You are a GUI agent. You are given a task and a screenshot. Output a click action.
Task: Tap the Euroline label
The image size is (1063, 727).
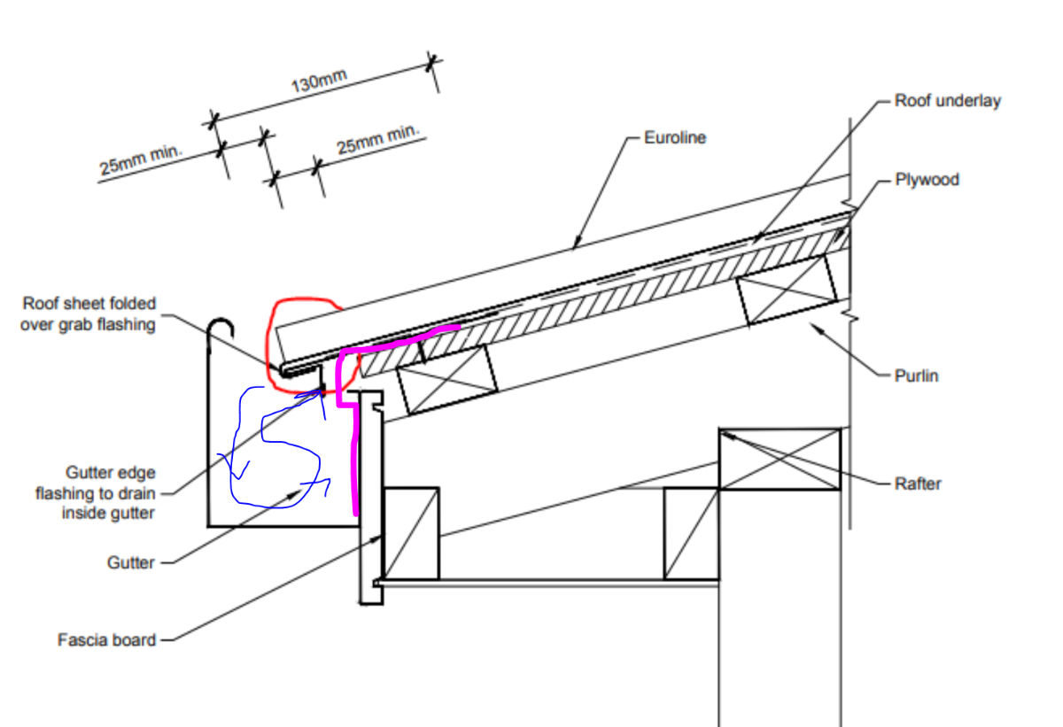[x=674, y=138]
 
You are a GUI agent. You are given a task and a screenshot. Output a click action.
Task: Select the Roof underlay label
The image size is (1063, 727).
[x=947, y=101]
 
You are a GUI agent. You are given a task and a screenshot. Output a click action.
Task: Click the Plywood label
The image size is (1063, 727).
[x=927, y=180]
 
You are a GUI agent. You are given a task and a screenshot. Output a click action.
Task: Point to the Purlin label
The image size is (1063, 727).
[x=916, y=375]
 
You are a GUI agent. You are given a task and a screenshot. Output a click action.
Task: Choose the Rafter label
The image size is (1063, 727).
[x=918, y=483]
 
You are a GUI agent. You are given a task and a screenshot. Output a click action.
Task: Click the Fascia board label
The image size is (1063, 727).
[x=106, y=639]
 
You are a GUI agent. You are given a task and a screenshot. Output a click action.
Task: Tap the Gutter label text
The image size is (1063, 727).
[x=131, y=562]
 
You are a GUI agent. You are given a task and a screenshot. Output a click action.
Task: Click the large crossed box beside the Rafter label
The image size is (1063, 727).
[x=780, y=459]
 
